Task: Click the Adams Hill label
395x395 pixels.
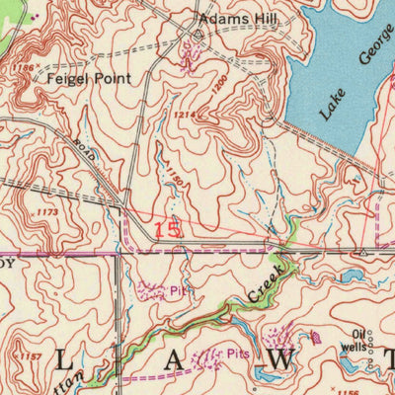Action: [238, 19]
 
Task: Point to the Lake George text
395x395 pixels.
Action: [349, 84]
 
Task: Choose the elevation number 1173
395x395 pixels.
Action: [46, 211]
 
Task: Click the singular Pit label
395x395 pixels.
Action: [176, 291]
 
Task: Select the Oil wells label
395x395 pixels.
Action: [354, 341]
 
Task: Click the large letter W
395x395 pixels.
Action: [280, 361]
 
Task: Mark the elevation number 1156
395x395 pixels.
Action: [347, 391]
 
